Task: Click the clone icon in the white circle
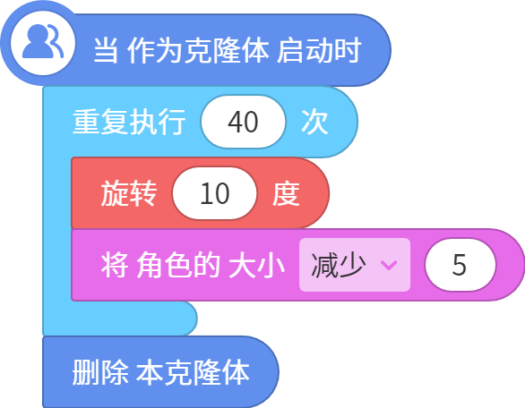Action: pyautogui.click(x=43, y=41)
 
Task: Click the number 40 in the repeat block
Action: pyautogui.click(x=243, y=122)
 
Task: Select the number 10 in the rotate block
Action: pyautogui.click(x=215, y=193)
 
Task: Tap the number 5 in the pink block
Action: pyautogui.click(x=460, y=265)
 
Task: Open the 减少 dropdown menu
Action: pyautogui.click(x=355, y=265)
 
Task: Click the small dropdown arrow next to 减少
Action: pyautogui.click(x=389, y=265)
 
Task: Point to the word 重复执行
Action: pyautogui.click(x=129, y=122)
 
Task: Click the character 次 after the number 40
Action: pyautogui.click(x=314, y=122)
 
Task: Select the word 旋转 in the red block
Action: pyautogui.click(x=129, y=193)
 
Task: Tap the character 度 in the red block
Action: pyautogui.click(x=286, y=193)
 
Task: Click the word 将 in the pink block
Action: pyautogui.click(x=115, y=265)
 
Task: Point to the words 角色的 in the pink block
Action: pyautogui.click(x=178, y=265)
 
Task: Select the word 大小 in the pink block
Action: pyautogui.click(x=256, y=265)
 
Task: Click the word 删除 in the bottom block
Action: pyautogui.click(x=100, y=372)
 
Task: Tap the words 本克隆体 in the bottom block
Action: pyautogui.click(x=193, y=372)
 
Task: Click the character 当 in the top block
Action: pyautogui.click(x=106, y=50)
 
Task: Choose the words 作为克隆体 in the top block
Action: pyautogui.click(x=198, y=50)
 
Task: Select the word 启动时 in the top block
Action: pyautogui.click(x=319, y=50)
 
